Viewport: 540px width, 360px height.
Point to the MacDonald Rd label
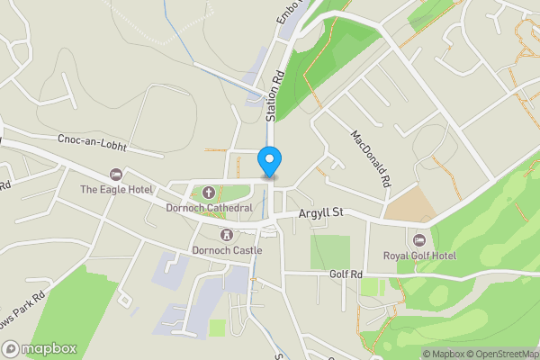click(x=371, y=158)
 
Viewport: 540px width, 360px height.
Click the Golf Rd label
click(x=345, y=274)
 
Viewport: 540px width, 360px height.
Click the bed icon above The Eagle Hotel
click(x=114, y=175)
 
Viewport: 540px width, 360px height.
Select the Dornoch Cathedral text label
click(x=209, y=208)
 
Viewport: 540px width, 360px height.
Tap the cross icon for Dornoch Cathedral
click(x=209, y=193)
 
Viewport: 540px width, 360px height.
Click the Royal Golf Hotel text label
click(x=420, y=256)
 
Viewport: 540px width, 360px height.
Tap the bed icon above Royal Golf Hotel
click(x=418, y=239)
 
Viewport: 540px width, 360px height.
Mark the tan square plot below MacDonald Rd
click(x=409, y=206)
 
